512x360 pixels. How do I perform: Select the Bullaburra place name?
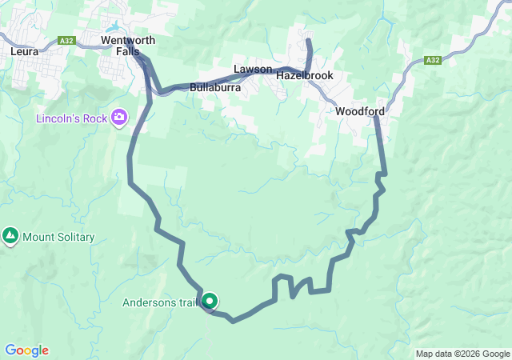[216, 88]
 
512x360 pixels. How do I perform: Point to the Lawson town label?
[253, 70]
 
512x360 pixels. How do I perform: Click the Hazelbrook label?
[304, 75]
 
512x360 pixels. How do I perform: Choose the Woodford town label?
[360, 111]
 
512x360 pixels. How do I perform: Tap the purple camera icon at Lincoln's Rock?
[119, 118]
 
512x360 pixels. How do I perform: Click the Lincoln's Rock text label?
[73, 118]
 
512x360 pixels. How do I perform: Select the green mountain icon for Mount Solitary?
[10, 237]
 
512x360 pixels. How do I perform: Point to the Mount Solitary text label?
[58, 237]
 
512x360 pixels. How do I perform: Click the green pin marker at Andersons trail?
[210, 301]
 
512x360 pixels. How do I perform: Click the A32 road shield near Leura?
[68, 38]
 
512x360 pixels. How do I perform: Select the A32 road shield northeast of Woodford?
[433, 60]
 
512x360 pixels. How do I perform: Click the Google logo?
[26, 350]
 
